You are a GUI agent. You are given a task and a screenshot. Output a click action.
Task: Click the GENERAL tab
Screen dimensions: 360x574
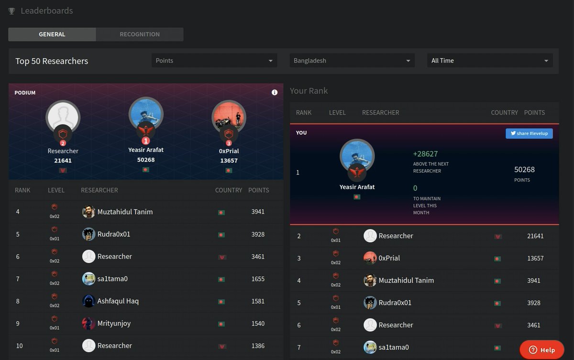[x=52, y=34]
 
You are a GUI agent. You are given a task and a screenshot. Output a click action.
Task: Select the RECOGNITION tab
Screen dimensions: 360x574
[x=140, y=34]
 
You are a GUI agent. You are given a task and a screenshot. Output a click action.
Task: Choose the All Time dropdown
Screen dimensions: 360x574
[x=490, y=61]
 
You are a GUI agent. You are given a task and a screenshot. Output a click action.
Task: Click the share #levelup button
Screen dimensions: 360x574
[x=529, y=133]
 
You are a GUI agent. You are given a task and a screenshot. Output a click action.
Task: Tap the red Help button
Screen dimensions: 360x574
[x=542, y=350]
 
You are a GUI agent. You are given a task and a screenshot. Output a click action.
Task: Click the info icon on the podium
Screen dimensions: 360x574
[x=275, y=93]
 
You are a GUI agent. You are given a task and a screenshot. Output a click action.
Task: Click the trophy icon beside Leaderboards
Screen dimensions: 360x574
[x=11, y=11]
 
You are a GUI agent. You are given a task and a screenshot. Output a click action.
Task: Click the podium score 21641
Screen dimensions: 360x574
[x=63, y=161]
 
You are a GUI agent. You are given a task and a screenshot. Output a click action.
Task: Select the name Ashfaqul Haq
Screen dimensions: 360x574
[x=118, y=301]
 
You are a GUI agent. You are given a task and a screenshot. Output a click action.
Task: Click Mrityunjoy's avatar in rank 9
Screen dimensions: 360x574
[x=89, y=324]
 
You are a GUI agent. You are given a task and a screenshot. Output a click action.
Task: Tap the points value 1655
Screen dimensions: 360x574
[x=258, y=279]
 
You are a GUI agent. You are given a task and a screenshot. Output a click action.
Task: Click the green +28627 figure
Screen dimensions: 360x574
[x=425, y=154]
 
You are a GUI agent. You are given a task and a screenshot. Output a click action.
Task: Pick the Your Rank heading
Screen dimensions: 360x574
[x=309, y=91]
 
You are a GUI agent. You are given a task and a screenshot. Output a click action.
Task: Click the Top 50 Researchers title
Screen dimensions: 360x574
[x=52, y=61]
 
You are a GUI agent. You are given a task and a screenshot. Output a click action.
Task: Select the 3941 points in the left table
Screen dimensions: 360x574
[x=258, y=212]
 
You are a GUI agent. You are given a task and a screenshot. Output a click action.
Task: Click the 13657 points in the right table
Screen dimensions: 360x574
[x=535, y=258]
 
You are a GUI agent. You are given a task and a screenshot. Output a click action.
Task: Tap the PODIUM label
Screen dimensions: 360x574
[x=25, y=93]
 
